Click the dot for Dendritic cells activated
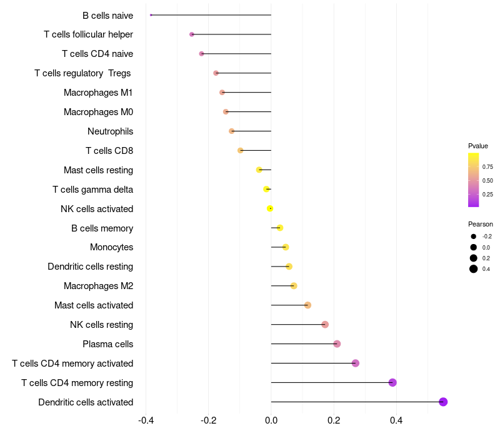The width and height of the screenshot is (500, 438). point(443,402)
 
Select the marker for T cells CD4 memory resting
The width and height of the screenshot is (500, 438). point(392,382)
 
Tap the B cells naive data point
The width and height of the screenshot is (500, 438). point(151,15)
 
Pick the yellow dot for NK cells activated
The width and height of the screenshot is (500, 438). point(270,208)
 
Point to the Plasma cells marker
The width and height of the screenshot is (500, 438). point(337,344)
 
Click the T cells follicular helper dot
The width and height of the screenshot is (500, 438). point(192,34)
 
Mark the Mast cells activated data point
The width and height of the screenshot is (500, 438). point(307,305)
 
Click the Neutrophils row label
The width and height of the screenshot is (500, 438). point(110,131)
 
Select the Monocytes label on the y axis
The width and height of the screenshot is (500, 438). point(111,247)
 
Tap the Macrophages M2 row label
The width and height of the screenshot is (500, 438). point(98,286)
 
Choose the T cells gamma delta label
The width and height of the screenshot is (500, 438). point(92,190)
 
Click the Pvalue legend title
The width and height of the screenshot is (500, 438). point(478,146)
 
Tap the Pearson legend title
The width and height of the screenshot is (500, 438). point(481,224)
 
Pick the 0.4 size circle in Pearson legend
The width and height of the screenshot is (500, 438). point(474,269)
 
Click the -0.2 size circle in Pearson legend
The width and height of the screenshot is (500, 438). point(474,237)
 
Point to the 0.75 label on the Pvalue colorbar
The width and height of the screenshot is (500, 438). point(487,167)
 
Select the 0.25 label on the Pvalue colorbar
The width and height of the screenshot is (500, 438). point(487,195)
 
